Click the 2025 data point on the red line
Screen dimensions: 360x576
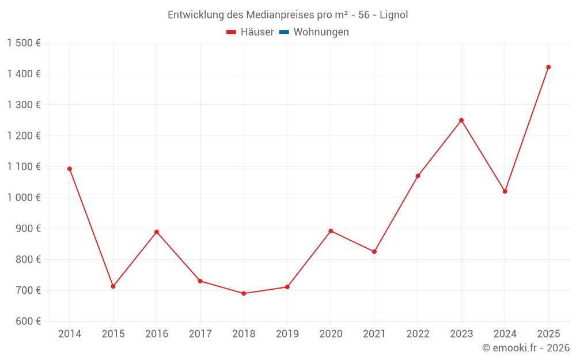(548, 67)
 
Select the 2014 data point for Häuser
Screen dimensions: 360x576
(70, 169)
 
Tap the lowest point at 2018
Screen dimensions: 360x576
(244, 294)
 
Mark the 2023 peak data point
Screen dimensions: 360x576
(461, 120)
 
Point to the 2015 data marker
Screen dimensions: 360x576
(113, 286)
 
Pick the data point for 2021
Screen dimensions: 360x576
(374, 252)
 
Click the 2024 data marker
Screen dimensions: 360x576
(505, 191)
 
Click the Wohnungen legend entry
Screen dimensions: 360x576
(321, 32)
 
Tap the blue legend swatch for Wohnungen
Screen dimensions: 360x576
(284, 32)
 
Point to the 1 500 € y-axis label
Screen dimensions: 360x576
(24, 43)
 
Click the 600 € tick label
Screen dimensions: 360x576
(27, 321)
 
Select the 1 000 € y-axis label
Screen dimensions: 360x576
(24, 198)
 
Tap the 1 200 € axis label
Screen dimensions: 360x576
(24, 136)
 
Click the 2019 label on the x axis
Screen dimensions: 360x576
(287, 334)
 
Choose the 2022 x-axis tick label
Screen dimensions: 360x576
(418, 334)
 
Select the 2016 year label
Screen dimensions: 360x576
(157, 334)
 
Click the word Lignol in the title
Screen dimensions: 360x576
(393, 15)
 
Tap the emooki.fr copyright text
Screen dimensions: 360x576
(525, 348)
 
